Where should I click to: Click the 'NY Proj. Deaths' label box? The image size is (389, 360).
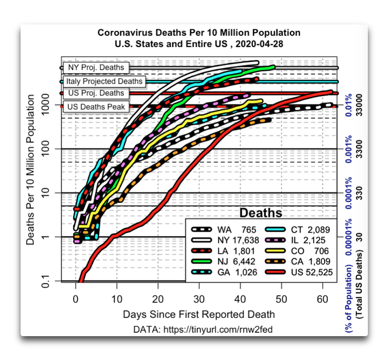click(x=96, y=68)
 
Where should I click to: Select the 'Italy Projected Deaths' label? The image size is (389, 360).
click(x=104, y=81)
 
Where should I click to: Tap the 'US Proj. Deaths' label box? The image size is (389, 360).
click(x=96, y=93)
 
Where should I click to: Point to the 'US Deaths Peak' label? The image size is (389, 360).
click(x=96, y=107)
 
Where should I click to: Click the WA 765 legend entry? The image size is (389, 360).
click(x=224, y=230)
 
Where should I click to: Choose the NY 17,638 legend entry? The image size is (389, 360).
click(x=225, y=240)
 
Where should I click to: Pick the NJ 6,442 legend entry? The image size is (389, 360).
click(x=223, y=261)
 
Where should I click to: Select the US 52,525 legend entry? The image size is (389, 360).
click(x=299, y=272)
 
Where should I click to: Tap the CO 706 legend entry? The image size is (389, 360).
click(x=297, y=251)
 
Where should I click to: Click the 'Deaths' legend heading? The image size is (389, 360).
click(x=261, y=213)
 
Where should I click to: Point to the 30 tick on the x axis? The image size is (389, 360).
click(x=199, y=299)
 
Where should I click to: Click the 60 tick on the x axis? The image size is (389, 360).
click(x=322, y=299)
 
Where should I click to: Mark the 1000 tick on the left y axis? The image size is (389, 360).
click(x=46, y=105)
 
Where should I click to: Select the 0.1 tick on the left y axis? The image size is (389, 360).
click(x=46, y=281)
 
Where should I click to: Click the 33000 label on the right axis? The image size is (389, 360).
click(x=359, y=105)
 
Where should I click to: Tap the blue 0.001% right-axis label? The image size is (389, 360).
click(x=348, y=149)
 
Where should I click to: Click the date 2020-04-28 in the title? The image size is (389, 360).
click(x=260, y=44)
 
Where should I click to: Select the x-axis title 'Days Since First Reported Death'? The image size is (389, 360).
click(x=199, y=314)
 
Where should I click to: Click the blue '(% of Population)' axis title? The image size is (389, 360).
click(x=348, y=299)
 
